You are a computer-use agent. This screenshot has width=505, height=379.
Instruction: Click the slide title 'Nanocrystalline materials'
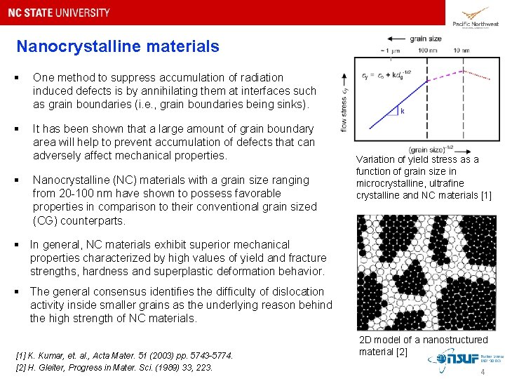pos(118,47)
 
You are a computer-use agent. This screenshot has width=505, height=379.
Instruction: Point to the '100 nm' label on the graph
pos(428,51)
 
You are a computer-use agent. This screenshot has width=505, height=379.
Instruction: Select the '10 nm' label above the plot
pos(462,51)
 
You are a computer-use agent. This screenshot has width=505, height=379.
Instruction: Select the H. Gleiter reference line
pos(114,367)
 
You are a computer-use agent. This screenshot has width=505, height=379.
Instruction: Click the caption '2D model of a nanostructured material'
pos(422,345)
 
